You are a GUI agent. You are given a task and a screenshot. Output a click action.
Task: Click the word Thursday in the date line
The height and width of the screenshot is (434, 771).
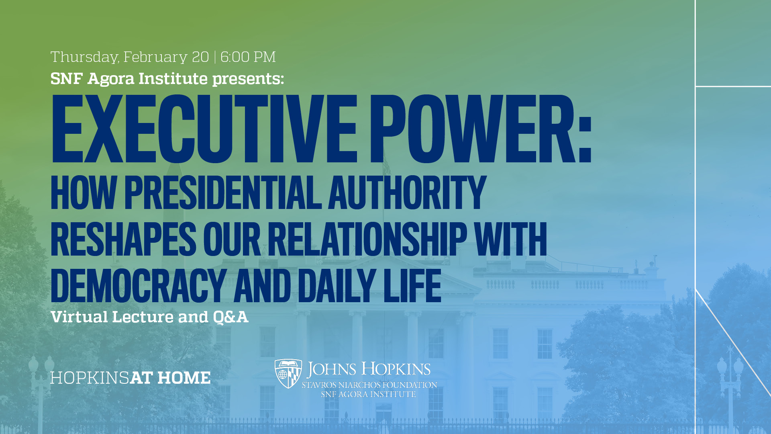point(84,57)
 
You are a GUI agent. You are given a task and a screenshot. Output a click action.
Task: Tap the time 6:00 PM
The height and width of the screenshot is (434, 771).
point(248,57)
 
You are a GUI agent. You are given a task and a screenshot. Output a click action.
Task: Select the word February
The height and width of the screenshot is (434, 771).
point(155,57)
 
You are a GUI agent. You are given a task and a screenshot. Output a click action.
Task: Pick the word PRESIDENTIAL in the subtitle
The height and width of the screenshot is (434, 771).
point(223,193)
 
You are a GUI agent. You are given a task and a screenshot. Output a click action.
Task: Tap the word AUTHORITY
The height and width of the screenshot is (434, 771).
point(407,193)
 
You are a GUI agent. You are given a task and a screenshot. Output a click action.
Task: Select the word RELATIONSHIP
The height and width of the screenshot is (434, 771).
point(367,240)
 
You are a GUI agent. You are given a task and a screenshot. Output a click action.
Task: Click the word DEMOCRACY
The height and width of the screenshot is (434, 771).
point(138,286)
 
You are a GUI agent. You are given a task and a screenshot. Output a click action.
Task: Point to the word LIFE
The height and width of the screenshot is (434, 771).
point(412,286)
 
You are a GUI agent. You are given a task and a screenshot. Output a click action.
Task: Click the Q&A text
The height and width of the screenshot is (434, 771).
point(230,317)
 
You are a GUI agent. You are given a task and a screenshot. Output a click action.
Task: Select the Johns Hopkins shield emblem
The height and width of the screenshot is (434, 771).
point(288,373)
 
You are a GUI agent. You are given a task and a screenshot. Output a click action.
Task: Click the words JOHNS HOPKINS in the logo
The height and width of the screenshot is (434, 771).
point(368,369)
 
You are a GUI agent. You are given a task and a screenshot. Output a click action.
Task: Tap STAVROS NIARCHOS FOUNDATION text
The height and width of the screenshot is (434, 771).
point(369,385)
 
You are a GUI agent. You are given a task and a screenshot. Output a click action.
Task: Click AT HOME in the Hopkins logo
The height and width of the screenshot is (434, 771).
point(170,378)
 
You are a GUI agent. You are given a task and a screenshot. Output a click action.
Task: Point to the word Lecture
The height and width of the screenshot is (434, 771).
point(143,317)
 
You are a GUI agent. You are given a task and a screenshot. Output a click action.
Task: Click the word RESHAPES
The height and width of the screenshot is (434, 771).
point(123,240)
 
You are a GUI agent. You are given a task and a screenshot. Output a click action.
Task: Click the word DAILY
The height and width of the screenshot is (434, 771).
point(337,286)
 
